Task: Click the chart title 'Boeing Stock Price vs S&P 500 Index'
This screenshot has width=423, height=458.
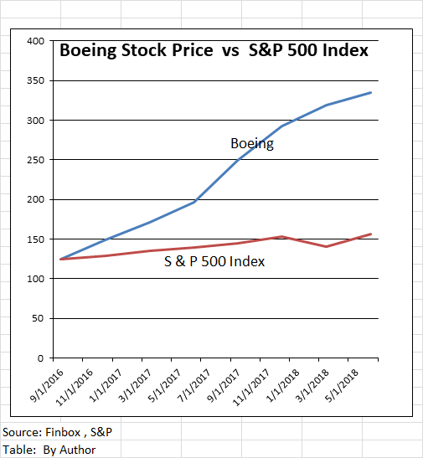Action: (x=214, y=50)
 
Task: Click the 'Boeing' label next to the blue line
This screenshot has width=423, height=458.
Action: (x=252, y=143)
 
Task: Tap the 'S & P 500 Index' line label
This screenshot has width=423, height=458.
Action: (x=214, y=261)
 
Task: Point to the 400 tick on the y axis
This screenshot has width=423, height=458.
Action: (x=35, y=41)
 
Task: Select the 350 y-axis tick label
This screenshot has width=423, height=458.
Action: (x=35, y=81)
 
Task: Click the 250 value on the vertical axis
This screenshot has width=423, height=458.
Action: (x=35, y=160)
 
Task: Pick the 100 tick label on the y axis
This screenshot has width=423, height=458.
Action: (x=35, y=279)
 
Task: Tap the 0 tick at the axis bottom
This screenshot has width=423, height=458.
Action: (x=41, y=358)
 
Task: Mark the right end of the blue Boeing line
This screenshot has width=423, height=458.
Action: (x=370, y=93)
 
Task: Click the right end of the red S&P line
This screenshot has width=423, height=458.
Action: (x=370, y=234)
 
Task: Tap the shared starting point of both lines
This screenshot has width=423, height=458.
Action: (x=60, y=259)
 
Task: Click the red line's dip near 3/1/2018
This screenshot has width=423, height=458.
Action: (x=326, y=246)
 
